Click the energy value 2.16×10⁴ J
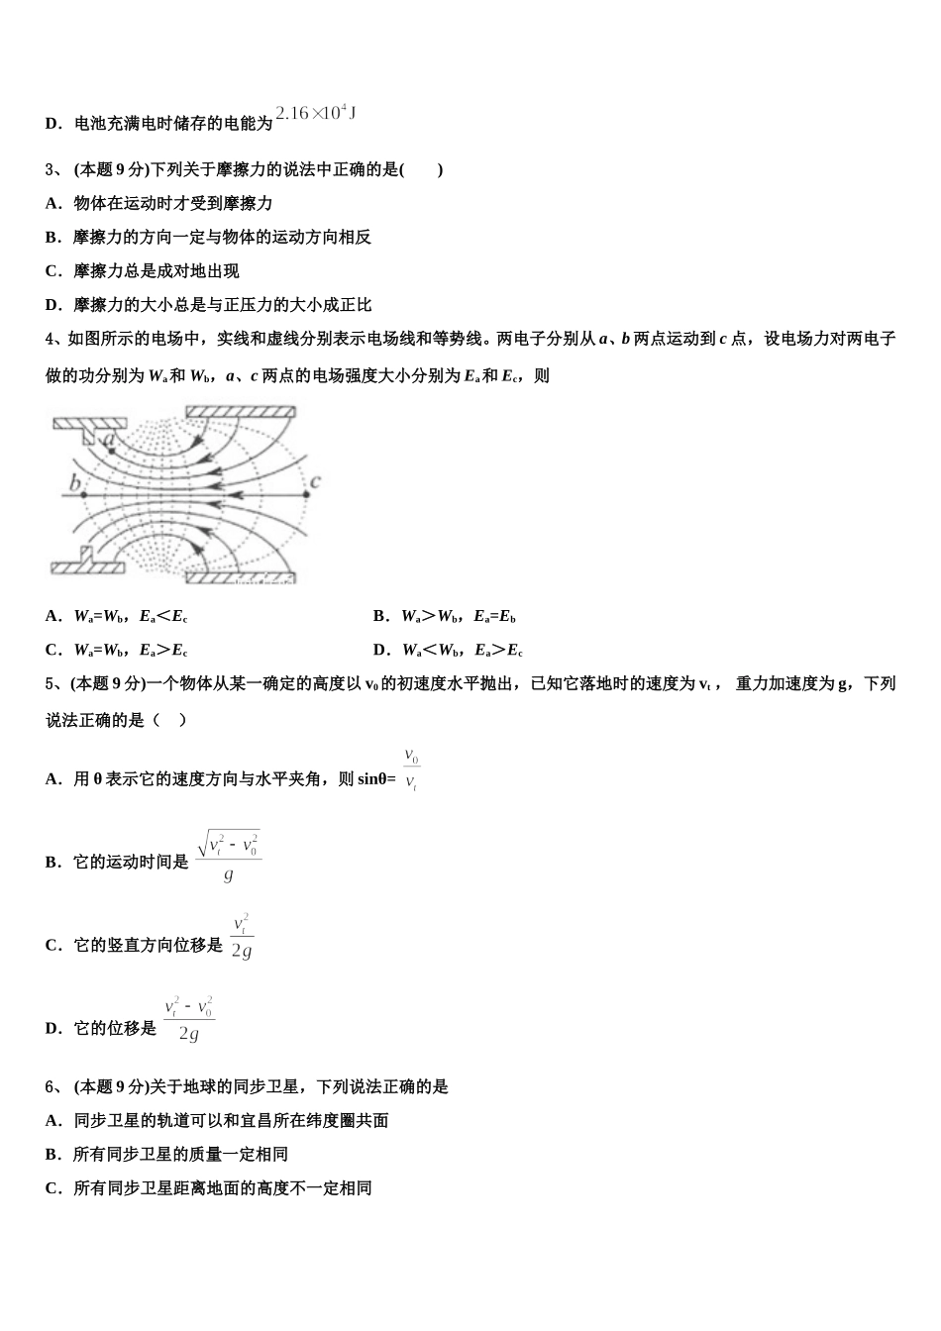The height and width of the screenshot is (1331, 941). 315,114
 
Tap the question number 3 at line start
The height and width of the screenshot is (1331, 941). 51,169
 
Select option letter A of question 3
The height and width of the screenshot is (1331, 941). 52,204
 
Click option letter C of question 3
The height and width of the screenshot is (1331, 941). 52,271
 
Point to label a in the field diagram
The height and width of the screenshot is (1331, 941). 109,437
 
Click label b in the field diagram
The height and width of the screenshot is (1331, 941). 73,484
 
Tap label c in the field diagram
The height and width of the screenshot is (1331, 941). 315,482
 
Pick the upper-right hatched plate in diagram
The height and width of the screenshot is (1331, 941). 241,411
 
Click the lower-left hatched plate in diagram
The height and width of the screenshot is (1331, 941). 86,566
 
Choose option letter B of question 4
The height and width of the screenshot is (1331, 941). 380,617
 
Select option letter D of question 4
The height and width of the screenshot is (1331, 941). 380,651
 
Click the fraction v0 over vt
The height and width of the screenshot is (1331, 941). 411,770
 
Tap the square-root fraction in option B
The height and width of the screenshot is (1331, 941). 229,857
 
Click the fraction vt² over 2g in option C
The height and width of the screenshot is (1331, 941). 242,937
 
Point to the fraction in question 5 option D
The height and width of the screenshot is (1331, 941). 189,1019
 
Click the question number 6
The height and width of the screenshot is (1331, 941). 51,1087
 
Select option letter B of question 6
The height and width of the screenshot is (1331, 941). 52,1155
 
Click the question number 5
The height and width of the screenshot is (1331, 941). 51,683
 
